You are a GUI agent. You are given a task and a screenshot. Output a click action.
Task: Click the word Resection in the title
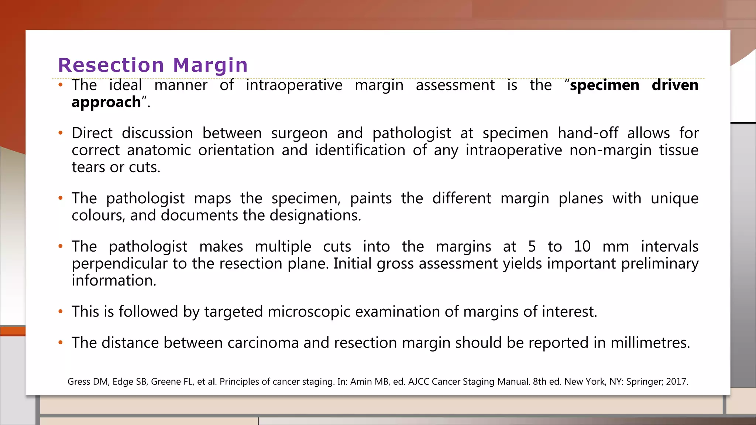point(111,65)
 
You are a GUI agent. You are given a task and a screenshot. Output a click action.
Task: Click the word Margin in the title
point(210,65)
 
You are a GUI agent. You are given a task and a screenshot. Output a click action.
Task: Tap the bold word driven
point(675,85)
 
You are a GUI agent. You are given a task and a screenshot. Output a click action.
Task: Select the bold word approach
point(106,103)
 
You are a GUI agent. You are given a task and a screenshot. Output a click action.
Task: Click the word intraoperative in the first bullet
point(294,85)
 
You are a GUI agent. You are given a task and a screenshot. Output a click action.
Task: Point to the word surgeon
point(299,134)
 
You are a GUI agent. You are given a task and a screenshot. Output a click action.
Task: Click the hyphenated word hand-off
point(588,133)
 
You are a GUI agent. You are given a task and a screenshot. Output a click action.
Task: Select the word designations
point(315,215)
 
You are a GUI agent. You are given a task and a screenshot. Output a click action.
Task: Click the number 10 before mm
point(582,246)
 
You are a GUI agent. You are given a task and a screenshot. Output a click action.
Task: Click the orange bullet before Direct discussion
point(61,133)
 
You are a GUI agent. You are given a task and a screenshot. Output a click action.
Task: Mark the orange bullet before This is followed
point(61,312)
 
